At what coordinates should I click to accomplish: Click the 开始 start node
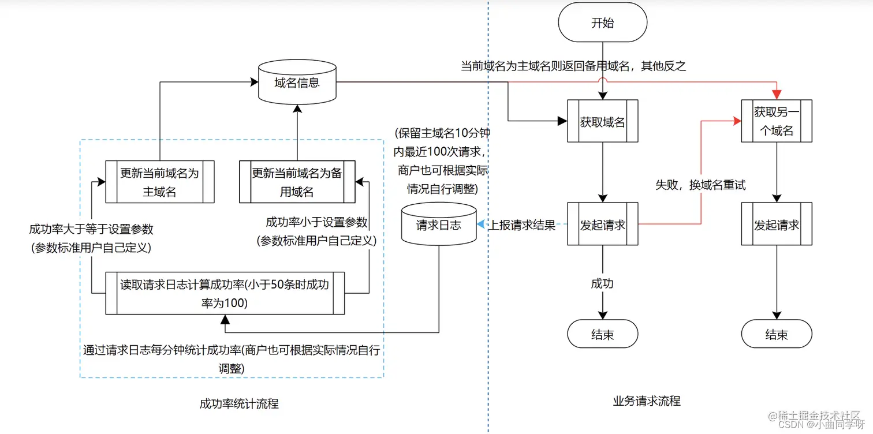click(x=602, y=23)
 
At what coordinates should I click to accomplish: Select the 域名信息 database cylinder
click(x=296, y=82)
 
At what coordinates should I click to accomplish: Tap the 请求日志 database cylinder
click(x=438, y=225)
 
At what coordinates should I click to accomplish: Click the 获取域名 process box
click(x=602, y=122)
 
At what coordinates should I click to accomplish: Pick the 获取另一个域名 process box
click(x=776, y=121)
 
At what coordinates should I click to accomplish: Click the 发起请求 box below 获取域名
click(x=602, y=225)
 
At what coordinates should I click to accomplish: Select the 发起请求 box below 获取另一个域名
click(x=776, y=225)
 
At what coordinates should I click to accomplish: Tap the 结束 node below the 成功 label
click(x=602, y=335)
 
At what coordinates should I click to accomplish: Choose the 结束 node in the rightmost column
click(x=776, y=335)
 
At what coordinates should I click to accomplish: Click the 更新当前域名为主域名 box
click(x=159, y=182)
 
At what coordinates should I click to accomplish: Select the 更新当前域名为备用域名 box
click(x=297, y=182)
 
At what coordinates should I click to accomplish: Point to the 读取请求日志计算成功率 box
click(x=225, y=293)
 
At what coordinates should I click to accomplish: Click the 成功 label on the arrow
click(x=602, y=283)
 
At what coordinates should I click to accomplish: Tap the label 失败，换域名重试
click(x=700, y=185)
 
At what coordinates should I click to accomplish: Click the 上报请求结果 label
click(x=523, y=225)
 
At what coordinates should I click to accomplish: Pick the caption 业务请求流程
click(x=646, y=401)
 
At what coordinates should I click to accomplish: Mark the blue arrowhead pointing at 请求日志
click(x=480, y=225)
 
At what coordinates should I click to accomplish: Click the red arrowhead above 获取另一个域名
click(x=777, y=95)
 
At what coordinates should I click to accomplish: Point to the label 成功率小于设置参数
click(x=316, y=222)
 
